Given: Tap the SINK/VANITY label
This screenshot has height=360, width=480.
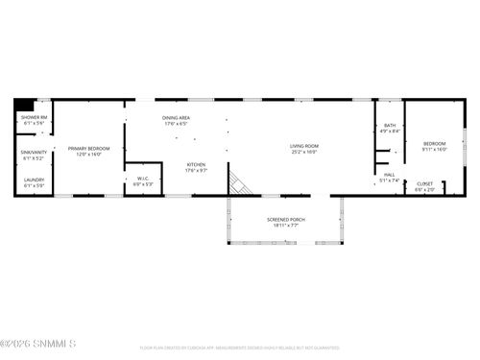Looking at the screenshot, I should (34, 152).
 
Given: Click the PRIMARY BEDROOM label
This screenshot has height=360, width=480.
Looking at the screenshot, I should (88, 148).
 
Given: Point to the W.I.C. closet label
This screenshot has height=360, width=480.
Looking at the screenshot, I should (143, 178).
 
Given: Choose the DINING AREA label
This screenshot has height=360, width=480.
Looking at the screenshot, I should (176, 117).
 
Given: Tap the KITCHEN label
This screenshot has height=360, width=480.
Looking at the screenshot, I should (196, 164).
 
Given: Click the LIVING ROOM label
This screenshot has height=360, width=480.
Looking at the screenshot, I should (303, 146).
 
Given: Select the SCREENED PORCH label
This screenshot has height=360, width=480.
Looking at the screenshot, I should (285, 219).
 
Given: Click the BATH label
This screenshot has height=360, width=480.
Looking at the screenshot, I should (390, 126).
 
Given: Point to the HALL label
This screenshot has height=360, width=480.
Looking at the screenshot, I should (389, 175).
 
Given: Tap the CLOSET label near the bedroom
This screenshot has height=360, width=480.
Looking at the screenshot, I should (424, 183).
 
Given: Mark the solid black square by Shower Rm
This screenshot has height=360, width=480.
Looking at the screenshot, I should (22, 106).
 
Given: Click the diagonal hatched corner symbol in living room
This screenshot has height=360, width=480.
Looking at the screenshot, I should (240, 182).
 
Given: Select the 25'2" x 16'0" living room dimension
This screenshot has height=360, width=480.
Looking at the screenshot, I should (303, 152).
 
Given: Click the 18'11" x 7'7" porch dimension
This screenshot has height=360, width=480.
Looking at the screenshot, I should (285, 225).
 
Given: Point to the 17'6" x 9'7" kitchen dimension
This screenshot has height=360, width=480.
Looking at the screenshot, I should (196, 170).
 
